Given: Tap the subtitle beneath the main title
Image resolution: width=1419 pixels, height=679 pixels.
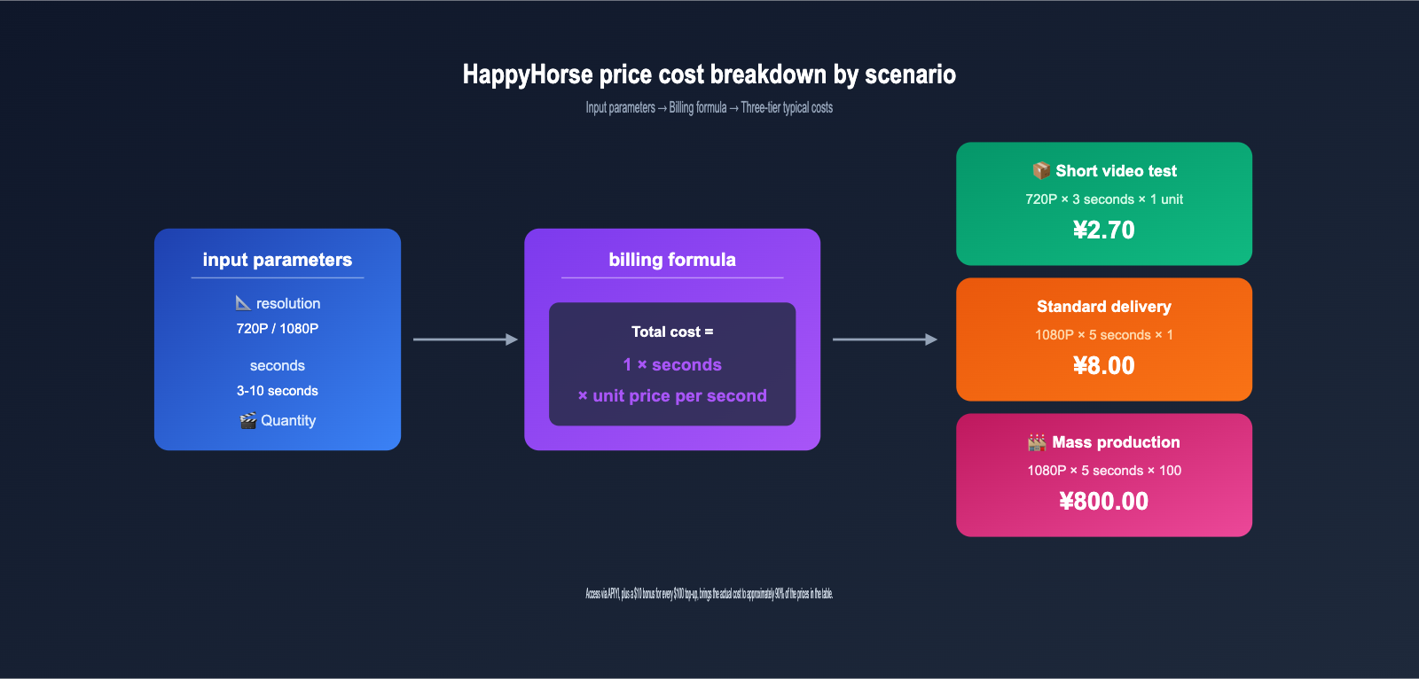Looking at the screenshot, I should [x=709, y=107].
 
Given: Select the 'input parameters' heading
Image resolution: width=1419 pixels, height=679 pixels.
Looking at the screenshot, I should [x=277, y=260].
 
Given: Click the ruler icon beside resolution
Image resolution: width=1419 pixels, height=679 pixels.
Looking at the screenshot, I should [x=243, y=303].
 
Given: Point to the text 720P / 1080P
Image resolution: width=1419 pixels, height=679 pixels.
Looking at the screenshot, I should [x=277, y=328].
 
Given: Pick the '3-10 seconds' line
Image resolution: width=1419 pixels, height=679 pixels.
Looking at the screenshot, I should [x=277, y=391].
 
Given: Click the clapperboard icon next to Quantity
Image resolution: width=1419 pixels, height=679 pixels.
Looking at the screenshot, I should [x=247, y=420].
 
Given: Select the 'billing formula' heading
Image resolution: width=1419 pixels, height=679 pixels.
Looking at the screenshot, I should [x=671, y=260].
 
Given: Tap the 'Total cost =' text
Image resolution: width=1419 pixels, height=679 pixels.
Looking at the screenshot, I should [x=671, y=332].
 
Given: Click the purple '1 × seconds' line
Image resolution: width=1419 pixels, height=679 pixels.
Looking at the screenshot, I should [x=671, y=364].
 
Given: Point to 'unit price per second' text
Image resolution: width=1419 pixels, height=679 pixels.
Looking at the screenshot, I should [x=679, y=395].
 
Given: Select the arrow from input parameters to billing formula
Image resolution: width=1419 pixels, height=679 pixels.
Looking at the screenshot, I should [x=466, y=339].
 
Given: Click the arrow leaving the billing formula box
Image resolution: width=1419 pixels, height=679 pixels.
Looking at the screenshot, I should [x=884, y=339].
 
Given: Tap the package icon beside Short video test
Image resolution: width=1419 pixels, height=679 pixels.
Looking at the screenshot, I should [x=1041, y=170].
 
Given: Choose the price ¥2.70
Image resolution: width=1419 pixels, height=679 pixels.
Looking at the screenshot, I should [x=1103, y=230].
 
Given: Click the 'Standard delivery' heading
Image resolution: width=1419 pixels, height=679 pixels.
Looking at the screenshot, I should [x=1103, y=307].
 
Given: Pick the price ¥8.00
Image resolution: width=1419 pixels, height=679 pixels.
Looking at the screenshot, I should [x=1103, y=365].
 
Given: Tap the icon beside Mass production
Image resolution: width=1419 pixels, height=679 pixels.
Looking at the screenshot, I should [x=1037, y=442].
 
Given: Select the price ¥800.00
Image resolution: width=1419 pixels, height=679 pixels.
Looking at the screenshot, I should [x=1103, y=501].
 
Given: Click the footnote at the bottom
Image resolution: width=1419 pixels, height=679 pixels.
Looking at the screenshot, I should [x=709, y=594].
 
